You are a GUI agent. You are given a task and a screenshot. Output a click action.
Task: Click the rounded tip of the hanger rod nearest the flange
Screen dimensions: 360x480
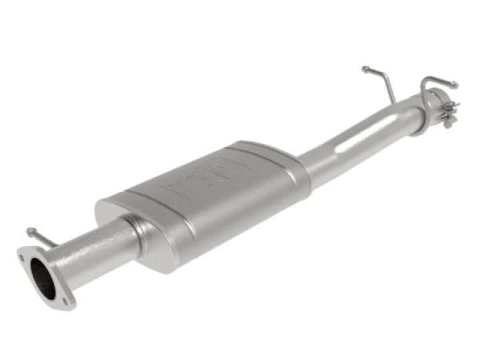29,231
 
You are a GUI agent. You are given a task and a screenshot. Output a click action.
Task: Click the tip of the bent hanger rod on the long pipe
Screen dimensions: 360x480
365,68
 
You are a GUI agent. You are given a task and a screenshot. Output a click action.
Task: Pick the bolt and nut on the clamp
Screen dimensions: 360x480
451,107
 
